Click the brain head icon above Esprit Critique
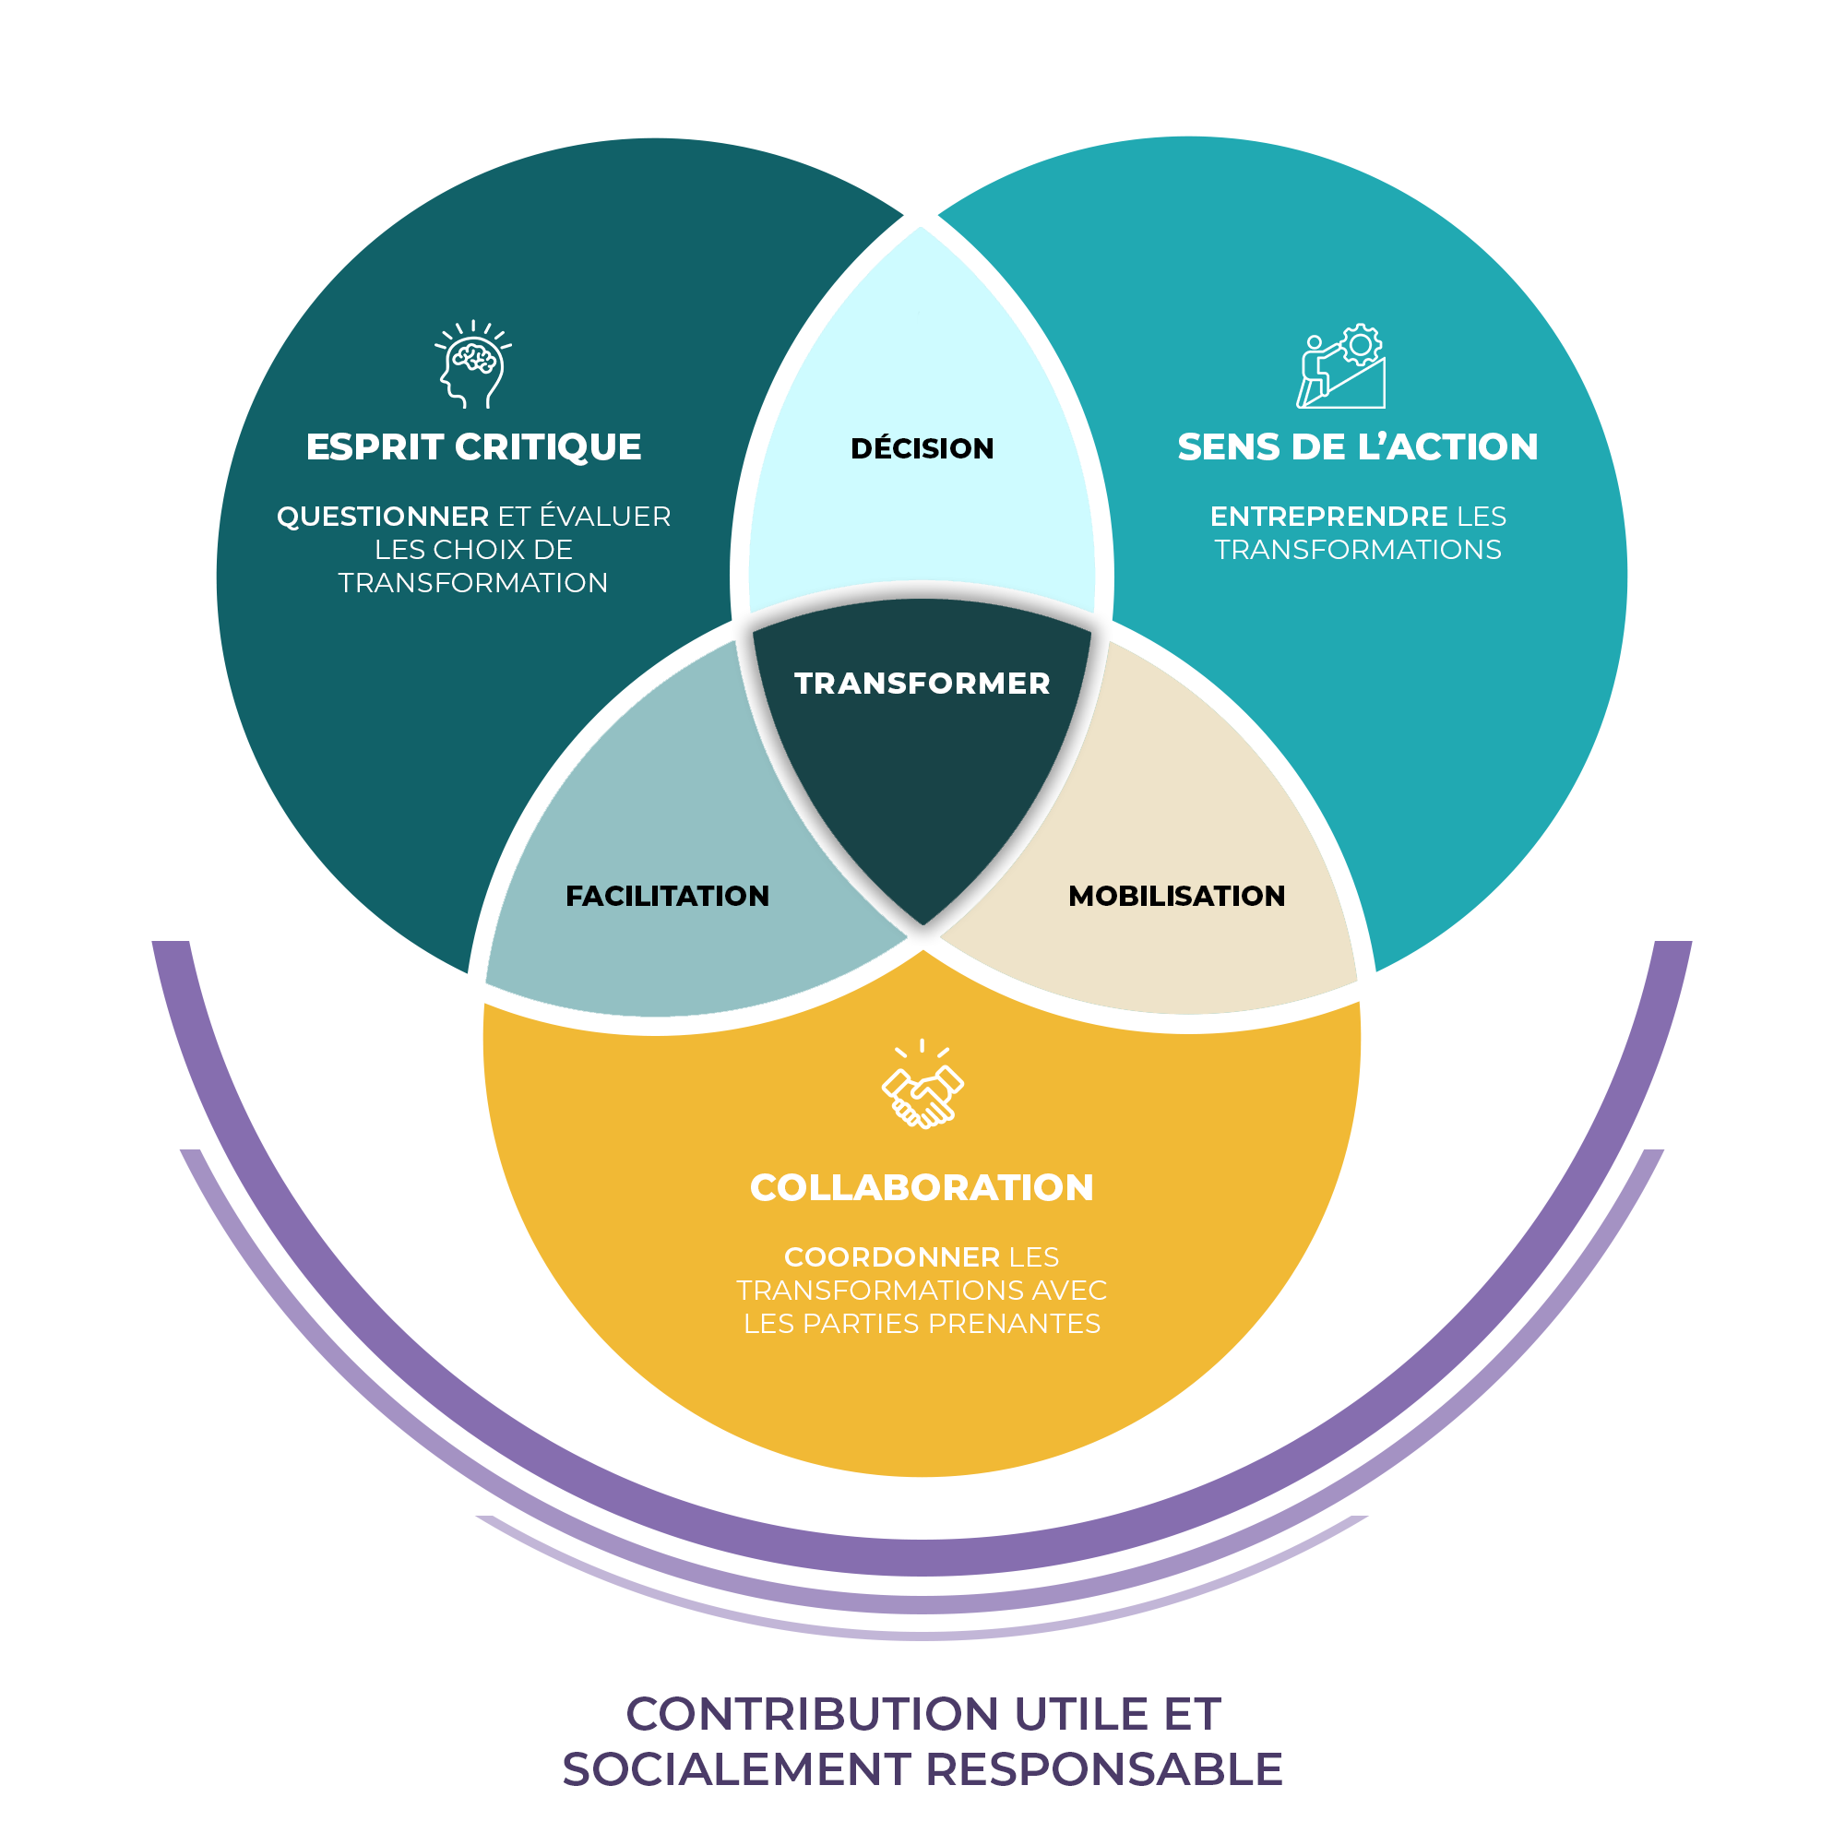click(x=472, y=364)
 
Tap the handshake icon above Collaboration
click(x=922, y=1085)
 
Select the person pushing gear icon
click(x=1340, y=365)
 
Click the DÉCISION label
click(x=922, y=448)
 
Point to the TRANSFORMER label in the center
click(x=922, y=684)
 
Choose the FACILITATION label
click(x=668, y=896)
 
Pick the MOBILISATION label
click(x=1176, y=896)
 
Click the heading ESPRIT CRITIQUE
click(x=473, y=446)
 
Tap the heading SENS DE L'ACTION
click(x=1358, y=446)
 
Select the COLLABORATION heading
click(x=922, y=1188)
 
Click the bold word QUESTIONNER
click(x=383, y=517)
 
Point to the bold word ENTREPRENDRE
click(x=1329, y=517)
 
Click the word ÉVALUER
click(x=605, y=516)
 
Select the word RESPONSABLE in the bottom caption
click(x=1104, y=1769)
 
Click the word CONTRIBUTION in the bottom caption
click(x=814, y=1714)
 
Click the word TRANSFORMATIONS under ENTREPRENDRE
click(x=1358, y=550)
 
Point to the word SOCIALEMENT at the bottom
click(x=735, y=1769)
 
